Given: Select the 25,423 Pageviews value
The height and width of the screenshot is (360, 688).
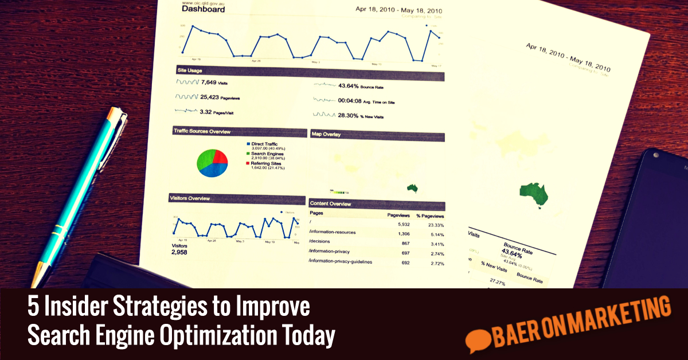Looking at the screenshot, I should tap(217, 97).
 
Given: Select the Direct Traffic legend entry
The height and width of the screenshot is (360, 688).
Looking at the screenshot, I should tap(264, 144).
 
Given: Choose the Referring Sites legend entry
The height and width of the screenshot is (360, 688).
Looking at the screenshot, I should tap(267, 163).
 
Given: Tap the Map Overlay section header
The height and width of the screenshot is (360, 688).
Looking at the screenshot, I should tap(326, 134).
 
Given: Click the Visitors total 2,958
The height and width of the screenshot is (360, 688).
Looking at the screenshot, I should tap(179, 252).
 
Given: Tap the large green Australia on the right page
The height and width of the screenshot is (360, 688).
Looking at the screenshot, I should tap(534, 195).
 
